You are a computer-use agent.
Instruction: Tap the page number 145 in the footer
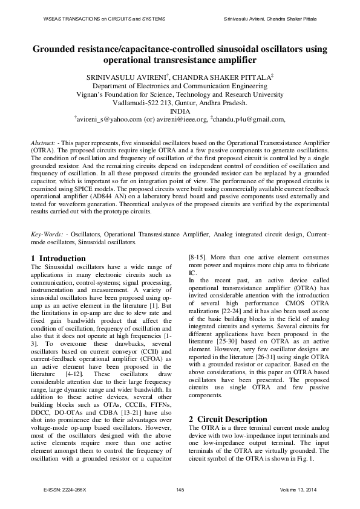tap(180, 488)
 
